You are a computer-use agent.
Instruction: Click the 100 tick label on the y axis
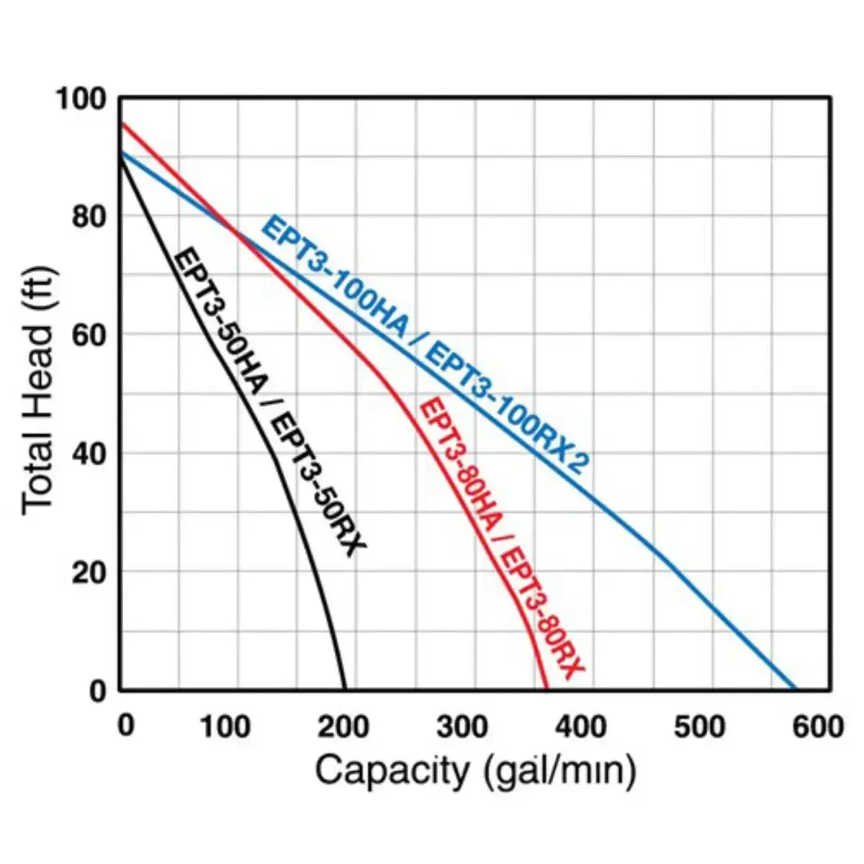[80, 99]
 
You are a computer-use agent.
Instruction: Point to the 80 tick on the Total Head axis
[89, 217]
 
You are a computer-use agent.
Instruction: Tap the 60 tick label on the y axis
[89, 336]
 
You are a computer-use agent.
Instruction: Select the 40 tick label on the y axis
[89, 454]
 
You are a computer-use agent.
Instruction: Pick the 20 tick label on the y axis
[89, 573]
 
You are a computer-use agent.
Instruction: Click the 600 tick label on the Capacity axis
[816, 727]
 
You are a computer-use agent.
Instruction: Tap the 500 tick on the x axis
[699, 727]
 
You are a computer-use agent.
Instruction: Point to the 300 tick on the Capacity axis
[462, 727]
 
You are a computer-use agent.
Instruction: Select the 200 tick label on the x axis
[343, 727]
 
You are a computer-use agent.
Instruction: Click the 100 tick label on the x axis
[225, 727]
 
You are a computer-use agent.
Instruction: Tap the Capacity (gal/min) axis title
[475, 771]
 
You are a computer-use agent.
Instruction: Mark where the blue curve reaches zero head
[795, 690]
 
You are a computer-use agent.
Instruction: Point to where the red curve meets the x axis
[546, 690]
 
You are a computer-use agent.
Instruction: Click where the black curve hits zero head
[345, 690]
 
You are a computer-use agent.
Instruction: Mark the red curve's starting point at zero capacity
[120, 124]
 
